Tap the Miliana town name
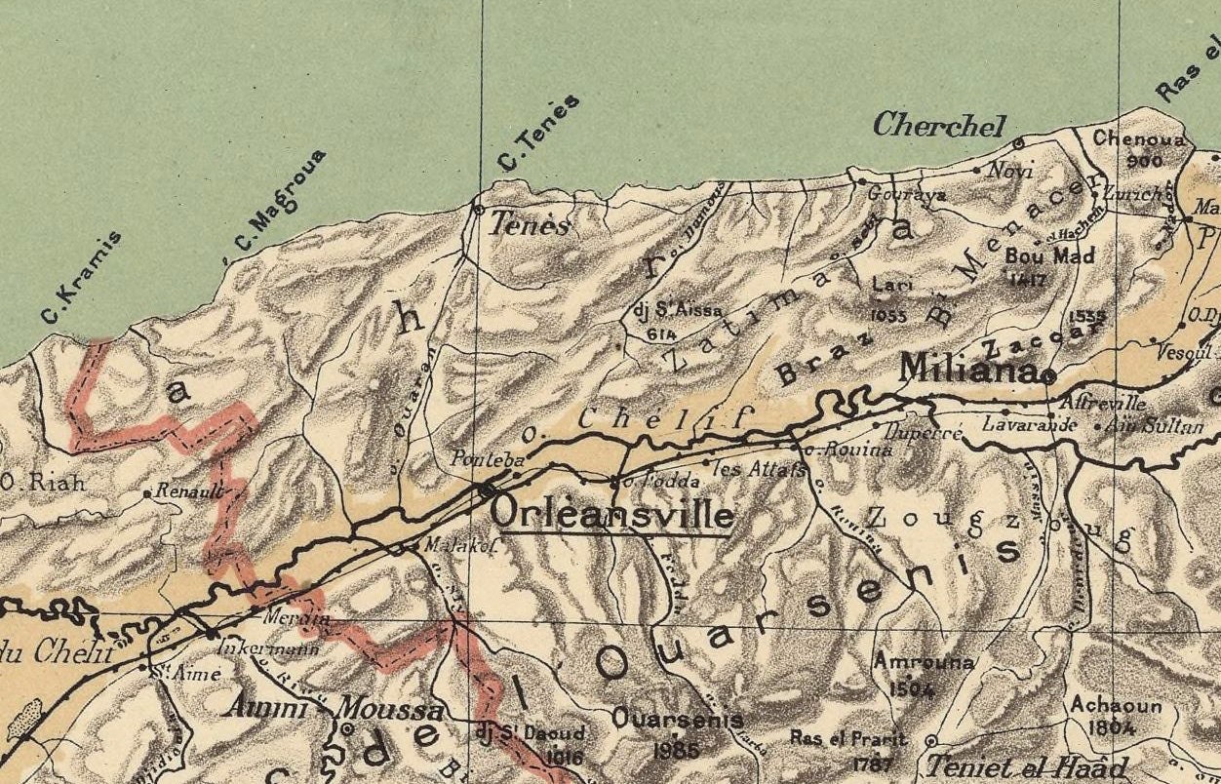(966, 368)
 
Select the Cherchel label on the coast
(938, 125)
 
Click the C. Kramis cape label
(82, 277)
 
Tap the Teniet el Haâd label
(1026, 766)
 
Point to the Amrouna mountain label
(923, 662)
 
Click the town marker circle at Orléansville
(487, 491)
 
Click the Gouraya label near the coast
(907, 194)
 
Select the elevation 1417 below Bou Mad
(1028, 280)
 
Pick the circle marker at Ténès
(478, 209)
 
